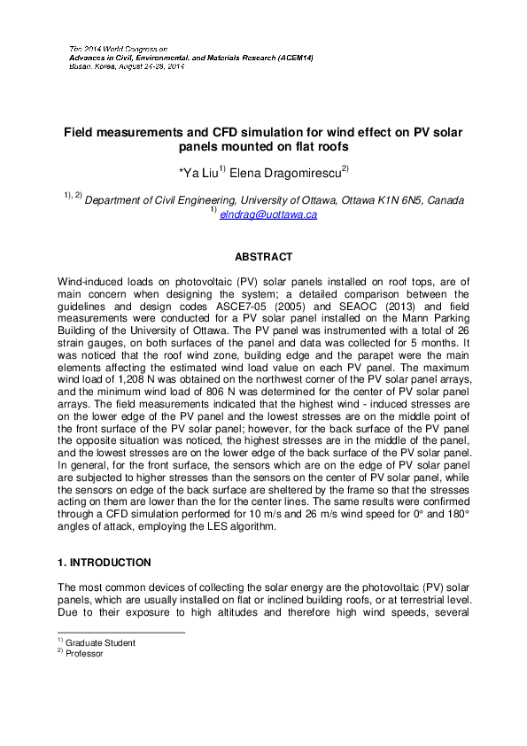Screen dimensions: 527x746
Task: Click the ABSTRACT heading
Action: point(263,257)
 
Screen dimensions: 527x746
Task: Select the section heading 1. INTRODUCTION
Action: point(104,563)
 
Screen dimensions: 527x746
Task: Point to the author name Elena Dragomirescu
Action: point(286,169)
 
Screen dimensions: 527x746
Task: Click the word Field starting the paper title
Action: point(78,132)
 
